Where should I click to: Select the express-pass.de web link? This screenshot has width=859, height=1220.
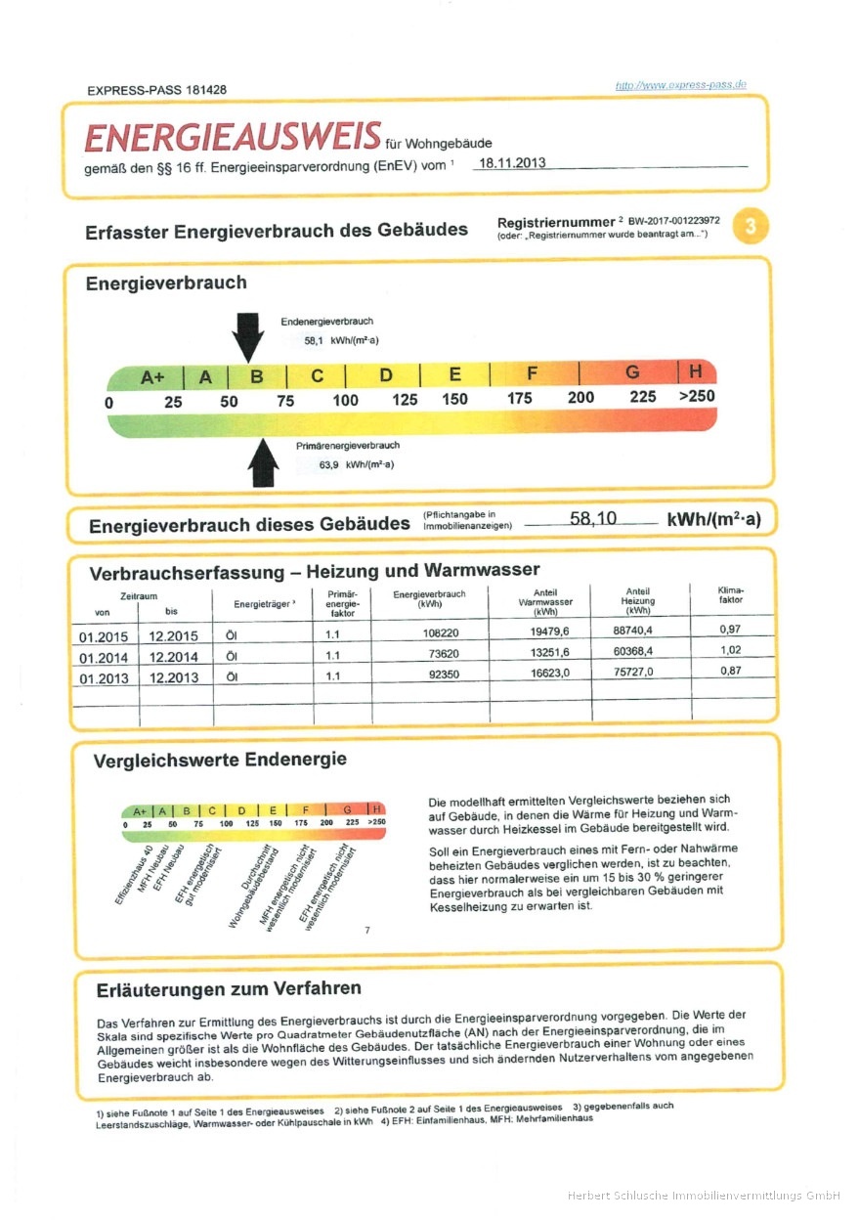click(680, 85)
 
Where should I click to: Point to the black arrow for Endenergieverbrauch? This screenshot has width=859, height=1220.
click(248, 337)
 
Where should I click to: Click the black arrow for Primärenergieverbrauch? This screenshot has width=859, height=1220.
click(263, 462)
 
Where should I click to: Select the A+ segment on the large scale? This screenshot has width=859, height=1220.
click(151, 376)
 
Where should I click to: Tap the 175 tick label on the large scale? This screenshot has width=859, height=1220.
click(519, 399)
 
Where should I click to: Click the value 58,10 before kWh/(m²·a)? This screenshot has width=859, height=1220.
click(592, 518)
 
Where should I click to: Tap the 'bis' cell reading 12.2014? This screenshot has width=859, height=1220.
click(174, 657)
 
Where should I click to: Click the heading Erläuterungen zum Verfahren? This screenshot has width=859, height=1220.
click(229, 989)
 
